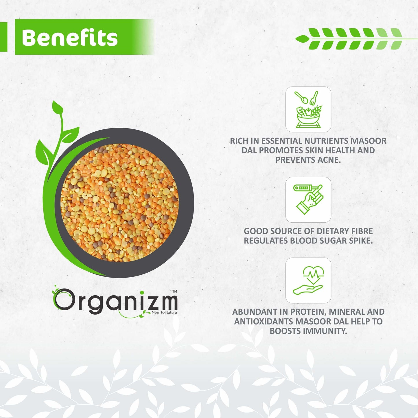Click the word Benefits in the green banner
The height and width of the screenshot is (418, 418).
[70, 37]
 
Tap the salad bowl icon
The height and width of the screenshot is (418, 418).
[308, 109]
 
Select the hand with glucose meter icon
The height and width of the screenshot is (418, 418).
[308, 199]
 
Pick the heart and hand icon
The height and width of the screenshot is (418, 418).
[308, 280]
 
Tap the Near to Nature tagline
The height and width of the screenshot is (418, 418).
[164, 312]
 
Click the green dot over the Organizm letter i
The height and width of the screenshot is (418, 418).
[142, 292]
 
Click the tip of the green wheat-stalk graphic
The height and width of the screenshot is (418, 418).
[296, 39]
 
